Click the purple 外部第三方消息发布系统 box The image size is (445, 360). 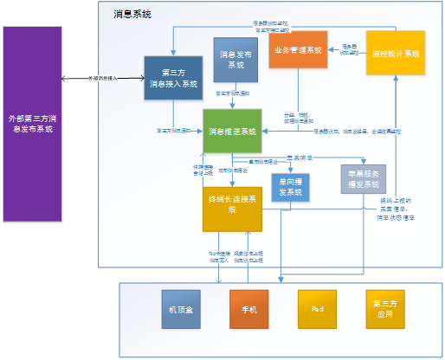coord(33,123)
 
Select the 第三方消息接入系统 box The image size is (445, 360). coord(172,79)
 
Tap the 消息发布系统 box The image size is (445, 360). coord(230,60)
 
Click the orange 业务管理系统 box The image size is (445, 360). coord(298,50)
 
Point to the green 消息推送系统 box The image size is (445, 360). coord(232,131)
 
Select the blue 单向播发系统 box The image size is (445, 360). coord(291,187)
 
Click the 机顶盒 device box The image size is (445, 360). coord(181,308)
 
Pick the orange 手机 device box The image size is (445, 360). coord(249,308)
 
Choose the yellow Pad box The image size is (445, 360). coord(316,308)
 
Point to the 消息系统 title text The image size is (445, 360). coord(132,14)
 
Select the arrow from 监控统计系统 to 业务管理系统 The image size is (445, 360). coord(347,49)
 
